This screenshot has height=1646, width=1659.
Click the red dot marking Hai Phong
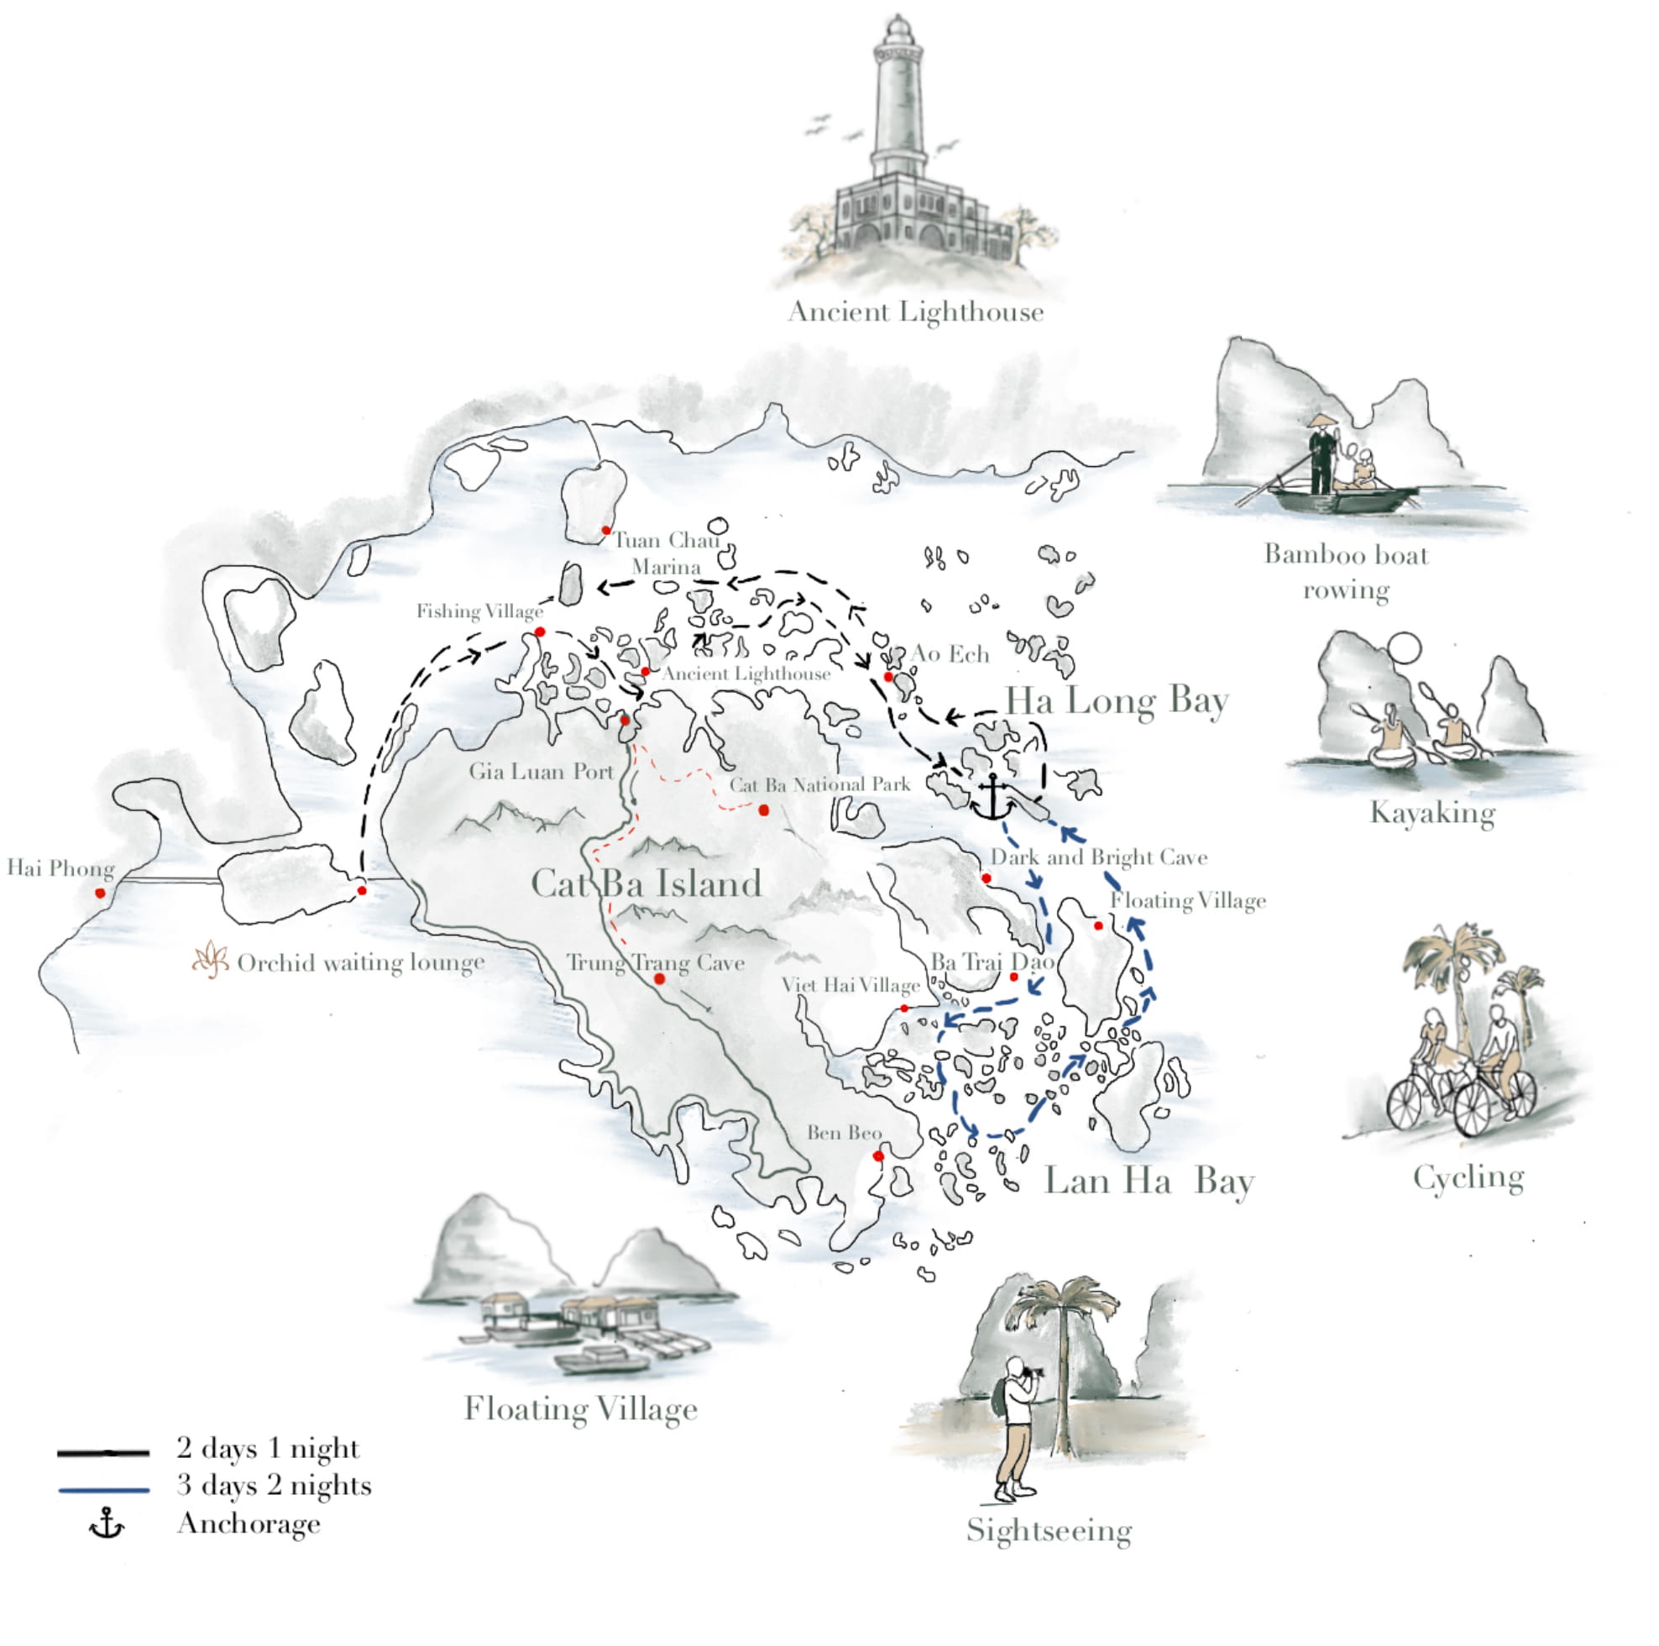(101, 894)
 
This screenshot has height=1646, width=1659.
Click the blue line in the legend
(104, 1490)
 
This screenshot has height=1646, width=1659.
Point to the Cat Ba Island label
(646, 884)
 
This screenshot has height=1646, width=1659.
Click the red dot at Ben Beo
(877, 1156)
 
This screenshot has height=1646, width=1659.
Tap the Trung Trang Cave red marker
(659, 978)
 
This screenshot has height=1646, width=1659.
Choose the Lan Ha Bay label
(1149, 1182)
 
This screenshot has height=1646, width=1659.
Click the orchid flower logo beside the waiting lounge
(211, 961)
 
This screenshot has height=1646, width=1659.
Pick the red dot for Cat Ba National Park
(763, 810)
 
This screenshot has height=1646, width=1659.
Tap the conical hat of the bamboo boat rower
(1322, 421)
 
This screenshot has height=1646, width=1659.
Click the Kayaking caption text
(1432, 813)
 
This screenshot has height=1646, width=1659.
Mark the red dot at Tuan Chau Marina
(606, 531)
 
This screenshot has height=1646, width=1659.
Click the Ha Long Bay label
(1117, 701)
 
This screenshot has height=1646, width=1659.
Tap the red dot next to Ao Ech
(888, 677)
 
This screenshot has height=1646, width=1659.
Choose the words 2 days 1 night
(267, 1449)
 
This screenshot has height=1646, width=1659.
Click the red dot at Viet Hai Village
(904, 1009)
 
